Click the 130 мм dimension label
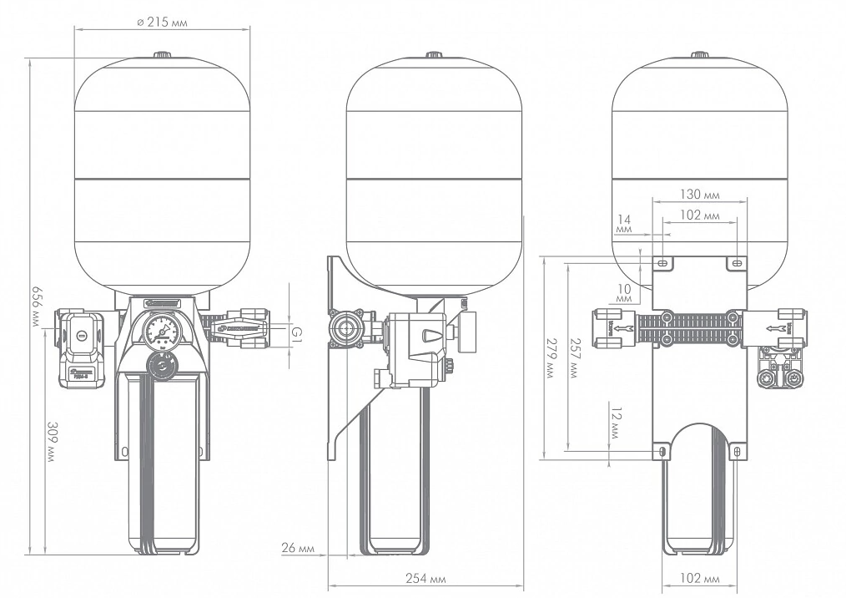coord(699,195)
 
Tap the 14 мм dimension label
coord(623,223)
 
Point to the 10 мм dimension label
coord(624,293)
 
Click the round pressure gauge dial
coord(161,330)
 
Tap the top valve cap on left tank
coord(162,56)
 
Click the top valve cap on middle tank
coord(434,56)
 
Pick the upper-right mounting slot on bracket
coord(735,263)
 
